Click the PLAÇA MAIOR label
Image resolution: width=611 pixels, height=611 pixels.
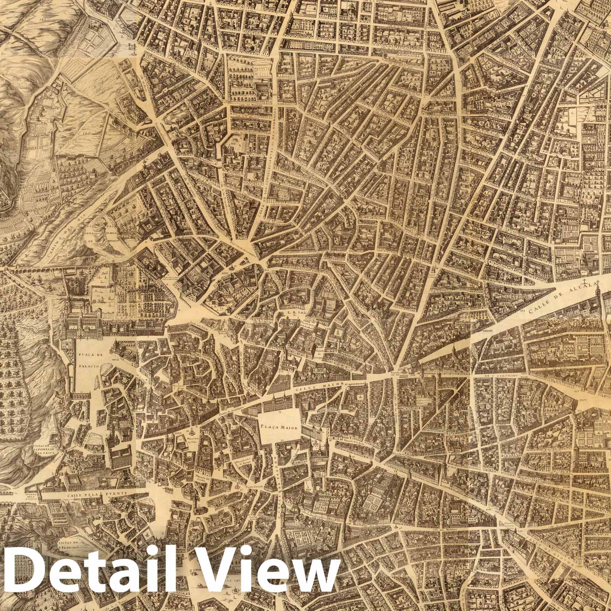click(279, 428)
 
